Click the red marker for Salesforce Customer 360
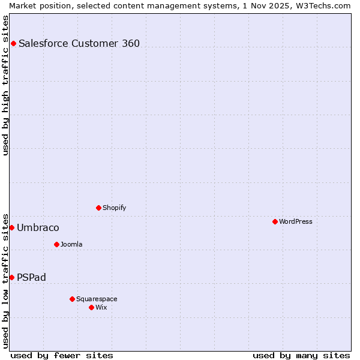click(13, 43)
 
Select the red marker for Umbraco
click(11, 227)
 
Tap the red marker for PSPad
click(11, 277)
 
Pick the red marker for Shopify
click(98, 208)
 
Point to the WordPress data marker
click(275, 221)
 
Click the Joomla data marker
click(56, 244)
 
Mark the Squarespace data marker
click(72, 299)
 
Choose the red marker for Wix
click(91, 307)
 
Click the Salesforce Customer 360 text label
click(79, 43)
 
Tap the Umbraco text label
click(38, 227)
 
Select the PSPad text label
click(31, 277)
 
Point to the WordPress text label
click(296, 221)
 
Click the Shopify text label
click(114, 208)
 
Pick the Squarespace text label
click(97, 299)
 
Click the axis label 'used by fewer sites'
click(62, 355)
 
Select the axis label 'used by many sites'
click(301, 355)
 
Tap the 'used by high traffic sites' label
click(5, 85)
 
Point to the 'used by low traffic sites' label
click(5, 280)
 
